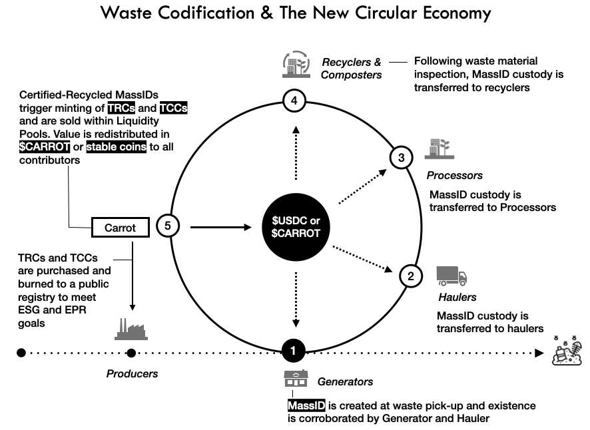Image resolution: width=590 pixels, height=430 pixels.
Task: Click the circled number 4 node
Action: click(x=294, y=101)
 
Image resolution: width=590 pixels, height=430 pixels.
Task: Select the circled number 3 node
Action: click(x=401, y=158)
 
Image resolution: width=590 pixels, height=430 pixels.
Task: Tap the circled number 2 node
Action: click(x=411, y=276)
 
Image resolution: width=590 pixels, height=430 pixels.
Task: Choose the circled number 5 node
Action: click(x=168, y=227)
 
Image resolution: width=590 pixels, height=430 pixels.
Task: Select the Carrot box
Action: click(x=120, y=228)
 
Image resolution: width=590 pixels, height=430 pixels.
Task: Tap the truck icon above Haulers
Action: click(x=451, y=275)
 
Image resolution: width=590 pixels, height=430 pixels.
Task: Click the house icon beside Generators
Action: click(x=296, y=379)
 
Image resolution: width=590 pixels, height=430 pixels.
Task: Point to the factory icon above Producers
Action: click(x=131, y=327)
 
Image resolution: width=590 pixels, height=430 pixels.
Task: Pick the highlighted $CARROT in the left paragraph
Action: click(x=45, y=147)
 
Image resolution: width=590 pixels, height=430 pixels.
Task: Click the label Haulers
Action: click(x=457, y=297)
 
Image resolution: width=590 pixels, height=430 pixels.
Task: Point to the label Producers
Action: click(x=133, y=373)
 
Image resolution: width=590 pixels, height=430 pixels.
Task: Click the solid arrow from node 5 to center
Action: click(x=220, y=228)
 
